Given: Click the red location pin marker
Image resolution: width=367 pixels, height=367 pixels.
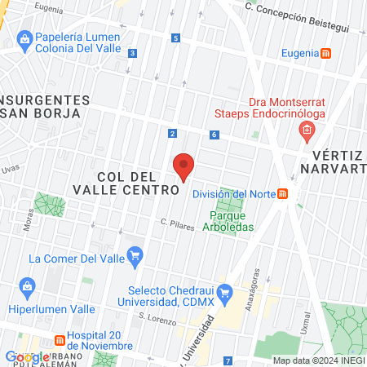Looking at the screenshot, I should tap(183, 166).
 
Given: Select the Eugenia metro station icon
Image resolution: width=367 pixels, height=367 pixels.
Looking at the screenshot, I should tap(326, 53).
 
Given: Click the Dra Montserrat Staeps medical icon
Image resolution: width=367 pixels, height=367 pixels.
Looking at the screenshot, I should tap(306, 130).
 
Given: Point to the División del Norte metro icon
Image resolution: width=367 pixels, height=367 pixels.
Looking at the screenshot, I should tap(283, 193).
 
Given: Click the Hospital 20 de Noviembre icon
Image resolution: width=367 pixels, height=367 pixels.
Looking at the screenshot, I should tap(59, 340).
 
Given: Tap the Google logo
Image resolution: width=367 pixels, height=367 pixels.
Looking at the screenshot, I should tap(27, 356).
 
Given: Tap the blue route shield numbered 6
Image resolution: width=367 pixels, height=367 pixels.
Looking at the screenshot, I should tap(213, 135).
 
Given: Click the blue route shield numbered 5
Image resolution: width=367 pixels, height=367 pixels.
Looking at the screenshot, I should tap(175, 38).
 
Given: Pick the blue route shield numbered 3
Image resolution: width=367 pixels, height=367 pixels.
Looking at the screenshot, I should tap(132, 54).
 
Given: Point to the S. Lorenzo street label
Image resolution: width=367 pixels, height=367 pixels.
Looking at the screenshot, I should tap(157, 318).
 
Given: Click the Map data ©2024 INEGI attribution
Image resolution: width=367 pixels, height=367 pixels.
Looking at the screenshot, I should tap(316, 360).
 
